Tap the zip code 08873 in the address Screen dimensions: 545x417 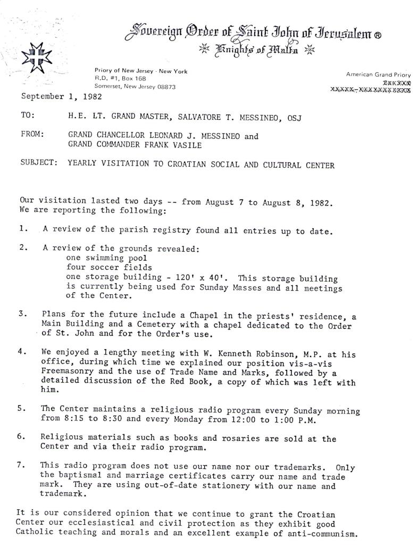pyautogui.click(x=165, y=86)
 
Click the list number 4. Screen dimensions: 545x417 pyautogui.click(x=21, y=352)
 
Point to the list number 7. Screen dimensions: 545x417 pyautogui.click(x=21, y=465)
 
